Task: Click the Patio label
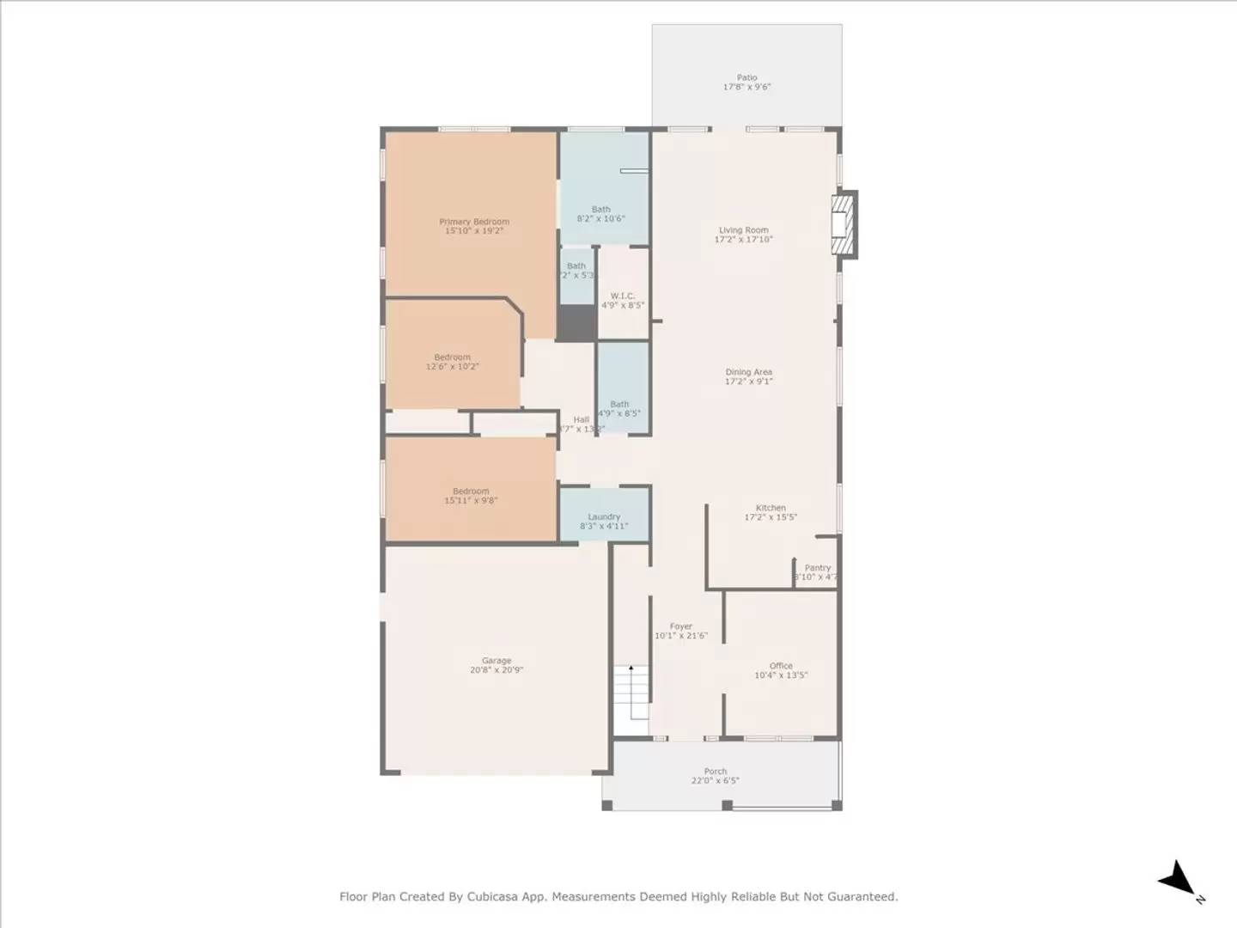[746, 77]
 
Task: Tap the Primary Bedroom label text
[474, 222]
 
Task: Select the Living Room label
[743, 230]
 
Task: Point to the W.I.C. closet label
[623, 296]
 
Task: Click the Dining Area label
[748, 372]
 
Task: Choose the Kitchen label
[771, 508]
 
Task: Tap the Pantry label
[817, 568]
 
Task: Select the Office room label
[781, 666]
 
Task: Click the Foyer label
[680, 627]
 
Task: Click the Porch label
[715, 772]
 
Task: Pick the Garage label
[497, 661]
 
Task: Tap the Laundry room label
[604, 517]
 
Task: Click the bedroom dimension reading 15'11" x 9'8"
[471, 501]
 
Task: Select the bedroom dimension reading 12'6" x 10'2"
[453, 367]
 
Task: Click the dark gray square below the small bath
[577, 323]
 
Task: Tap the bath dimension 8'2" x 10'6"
[600, 219]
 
